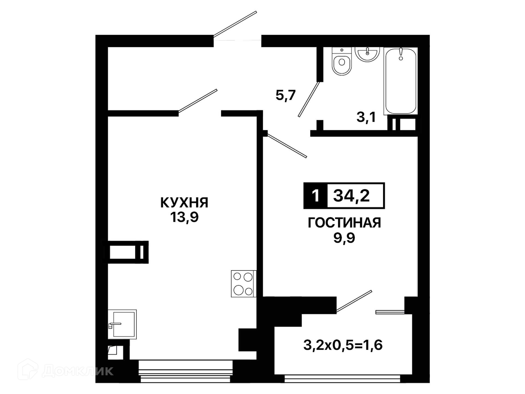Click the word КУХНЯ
(184, 203)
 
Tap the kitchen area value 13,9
(184, 217)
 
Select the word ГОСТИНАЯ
(344, 223)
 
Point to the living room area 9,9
(344, 237)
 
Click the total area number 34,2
(351, 196)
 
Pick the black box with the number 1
(315, 196)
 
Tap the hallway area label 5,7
(285, 95)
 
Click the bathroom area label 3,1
(366, 117)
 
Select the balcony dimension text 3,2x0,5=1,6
(343, 345)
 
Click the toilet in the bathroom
(342, 61)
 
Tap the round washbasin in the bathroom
(367, 54)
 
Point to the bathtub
(401, 81)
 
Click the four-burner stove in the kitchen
(243, 284)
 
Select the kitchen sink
(122, 324)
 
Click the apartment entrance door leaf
(235, 24)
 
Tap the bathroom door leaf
(309, 99)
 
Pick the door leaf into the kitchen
(198, 101)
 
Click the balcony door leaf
(354, 301)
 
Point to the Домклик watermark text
(78, 371)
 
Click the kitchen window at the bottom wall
(186, 371)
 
